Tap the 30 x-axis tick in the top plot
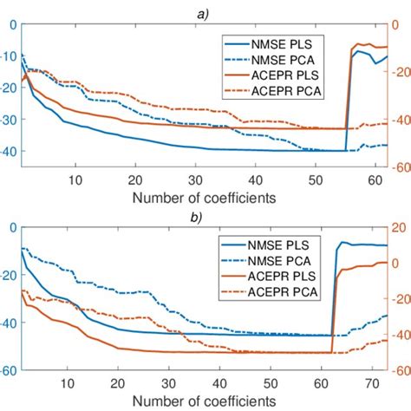pyautogui.click(x=194, y=179)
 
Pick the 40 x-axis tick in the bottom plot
pyautogui.click(x=220, y=383)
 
